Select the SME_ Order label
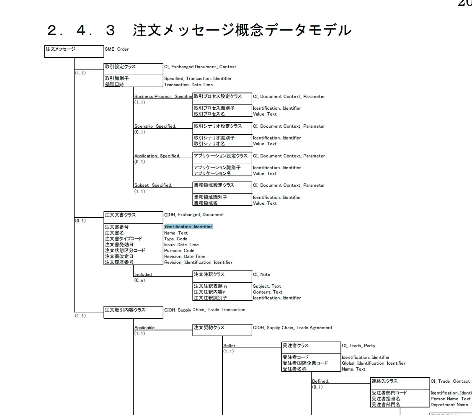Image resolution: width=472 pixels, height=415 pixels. click(x=117, y=49)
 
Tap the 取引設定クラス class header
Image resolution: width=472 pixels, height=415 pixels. click(x=133, y=67)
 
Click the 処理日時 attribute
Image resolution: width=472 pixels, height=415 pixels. click(x=115, y=85)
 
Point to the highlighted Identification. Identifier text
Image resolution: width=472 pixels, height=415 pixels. click(x=188, y=227)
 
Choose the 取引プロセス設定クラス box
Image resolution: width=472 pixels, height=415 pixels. click(x=222, y=97)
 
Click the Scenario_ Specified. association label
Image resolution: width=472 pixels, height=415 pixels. click(x=155, y=126)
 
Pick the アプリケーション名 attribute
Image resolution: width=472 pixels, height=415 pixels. click(x=212, y=173)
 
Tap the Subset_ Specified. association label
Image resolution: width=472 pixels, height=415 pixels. click(x=153, y=186)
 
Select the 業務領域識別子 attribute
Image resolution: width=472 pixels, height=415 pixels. click(x=211, y=197)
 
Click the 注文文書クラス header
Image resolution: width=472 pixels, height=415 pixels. click(x=133, y=215)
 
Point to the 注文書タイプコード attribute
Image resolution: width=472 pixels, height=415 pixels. click(x=124, y=239)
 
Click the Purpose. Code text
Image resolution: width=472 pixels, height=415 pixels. click(x=179, y=250)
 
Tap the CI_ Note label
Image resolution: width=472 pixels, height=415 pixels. click(x=262, y=275)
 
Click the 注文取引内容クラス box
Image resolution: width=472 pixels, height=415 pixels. click(x=133, y=310)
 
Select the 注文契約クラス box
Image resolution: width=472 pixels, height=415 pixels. click(x=222, y=328)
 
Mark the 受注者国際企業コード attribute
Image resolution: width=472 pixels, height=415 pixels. click(x=305, y=363)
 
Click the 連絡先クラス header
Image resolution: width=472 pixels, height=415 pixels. click(x=400, y=381)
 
